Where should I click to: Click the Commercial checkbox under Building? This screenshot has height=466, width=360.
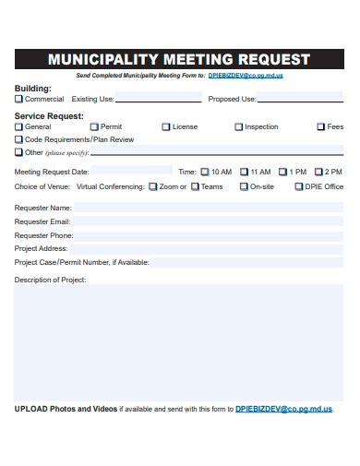point(18,99)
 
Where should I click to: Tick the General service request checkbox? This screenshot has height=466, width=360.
point(18,126)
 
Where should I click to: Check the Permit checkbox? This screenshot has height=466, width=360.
point(94,126)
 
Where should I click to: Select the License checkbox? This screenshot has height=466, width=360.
point(166,126)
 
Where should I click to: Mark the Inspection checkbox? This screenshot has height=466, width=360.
point(239,126)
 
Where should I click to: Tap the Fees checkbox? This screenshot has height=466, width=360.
point(321,126)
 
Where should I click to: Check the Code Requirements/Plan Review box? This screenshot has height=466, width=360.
point(18,139)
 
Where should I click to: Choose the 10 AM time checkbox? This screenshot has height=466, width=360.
point(205,172)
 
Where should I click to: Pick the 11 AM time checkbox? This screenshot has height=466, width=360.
point(245,172)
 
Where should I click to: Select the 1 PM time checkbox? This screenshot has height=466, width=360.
point(283,172)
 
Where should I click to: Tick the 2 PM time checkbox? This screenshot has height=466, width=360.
point(319,172)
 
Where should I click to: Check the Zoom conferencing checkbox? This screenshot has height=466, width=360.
point(153,186)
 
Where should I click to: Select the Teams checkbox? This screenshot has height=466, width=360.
point(195,186)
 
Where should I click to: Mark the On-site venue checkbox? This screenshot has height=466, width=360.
point(244,186)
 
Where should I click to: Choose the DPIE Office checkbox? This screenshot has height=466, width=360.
point(298,186)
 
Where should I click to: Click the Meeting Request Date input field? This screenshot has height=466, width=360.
point(131,172)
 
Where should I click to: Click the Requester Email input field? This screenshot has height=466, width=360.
point(208,221)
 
